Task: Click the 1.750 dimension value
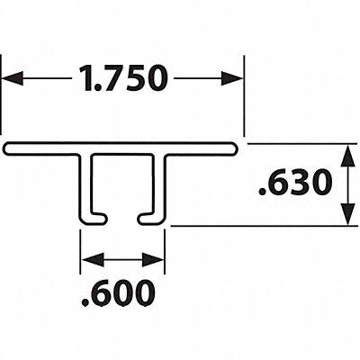(x=122, y=78)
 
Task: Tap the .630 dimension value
(x=295, y=182)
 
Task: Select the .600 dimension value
(x=118, y=293)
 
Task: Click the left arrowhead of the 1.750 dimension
(x=13, y=78)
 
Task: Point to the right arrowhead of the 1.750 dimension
(x=232, y=78)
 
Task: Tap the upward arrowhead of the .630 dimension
(x=347, y=155)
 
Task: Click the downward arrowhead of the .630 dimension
(x=347, y=214)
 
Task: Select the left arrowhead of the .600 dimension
(x=93, y=260)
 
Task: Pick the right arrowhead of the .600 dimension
(x=153, y=260)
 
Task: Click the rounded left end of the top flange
(x=7, y=148)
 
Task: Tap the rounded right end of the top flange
(x=235, y=148)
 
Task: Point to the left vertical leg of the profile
(x=85, y=186)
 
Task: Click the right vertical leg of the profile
(x=159, y=186)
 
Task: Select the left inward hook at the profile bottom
(x=95, y=219)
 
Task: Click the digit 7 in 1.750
(x=111, y=78)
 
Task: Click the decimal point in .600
(x=85, y=303)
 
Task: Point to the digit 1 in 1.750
(x=86, y=78)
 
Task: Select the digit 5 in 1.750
(x=132, y=78)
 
